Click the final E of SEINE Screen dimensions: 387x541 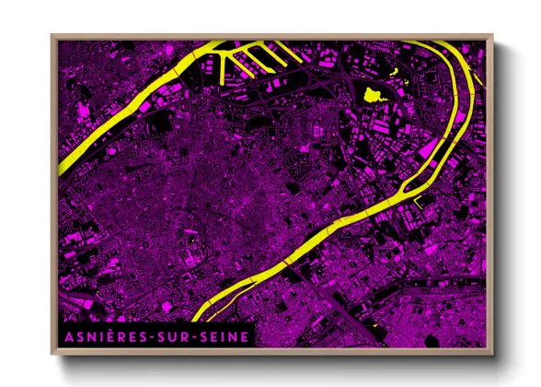click(244, 336)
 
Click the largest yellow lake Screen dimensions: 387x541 click(373, 93)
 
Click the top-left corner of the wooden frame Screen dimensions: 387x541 click(52, 35)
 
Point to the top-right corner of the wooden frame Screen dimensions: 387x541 click(492, 35)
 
